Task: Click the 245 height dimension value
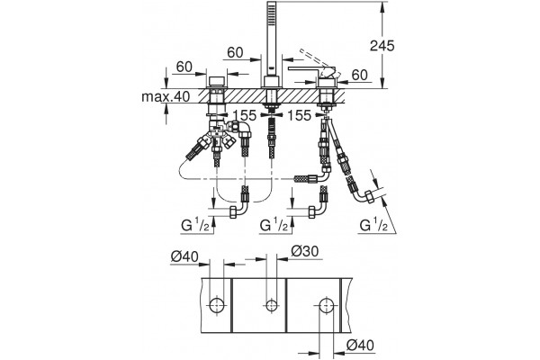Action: click(382, 46)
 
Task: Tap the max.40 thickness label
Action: click(166, 97)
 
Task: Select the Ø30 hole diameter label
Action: click(305, 251)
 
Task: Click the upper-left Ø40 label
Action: click(184, 256)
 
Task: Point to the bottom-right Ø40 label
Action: click(360, 345)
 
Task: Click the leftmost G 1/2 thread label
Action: click(196, 225)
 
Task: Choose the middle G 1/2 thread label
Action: click(274, 225)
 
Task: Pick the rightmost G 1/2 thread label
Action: click(374, 225)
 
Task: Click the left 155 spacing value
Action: click(245, 116)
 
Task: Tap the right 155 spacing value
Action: click(299, 116)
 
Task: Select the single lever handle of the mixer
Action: click(307, 69)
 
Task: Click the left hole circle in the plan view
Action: click(217, 305)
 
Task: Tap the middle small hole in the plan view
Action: click(272, 305)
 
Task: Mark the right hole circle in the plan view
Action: click(326, 305)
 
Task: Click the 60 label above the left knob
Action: click(184, 67)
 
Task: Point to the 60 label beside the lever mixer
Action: click(360, 75)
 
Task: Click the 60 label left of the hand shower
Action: click(235, 53)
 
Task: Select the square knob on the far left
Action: click(217, 81)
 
